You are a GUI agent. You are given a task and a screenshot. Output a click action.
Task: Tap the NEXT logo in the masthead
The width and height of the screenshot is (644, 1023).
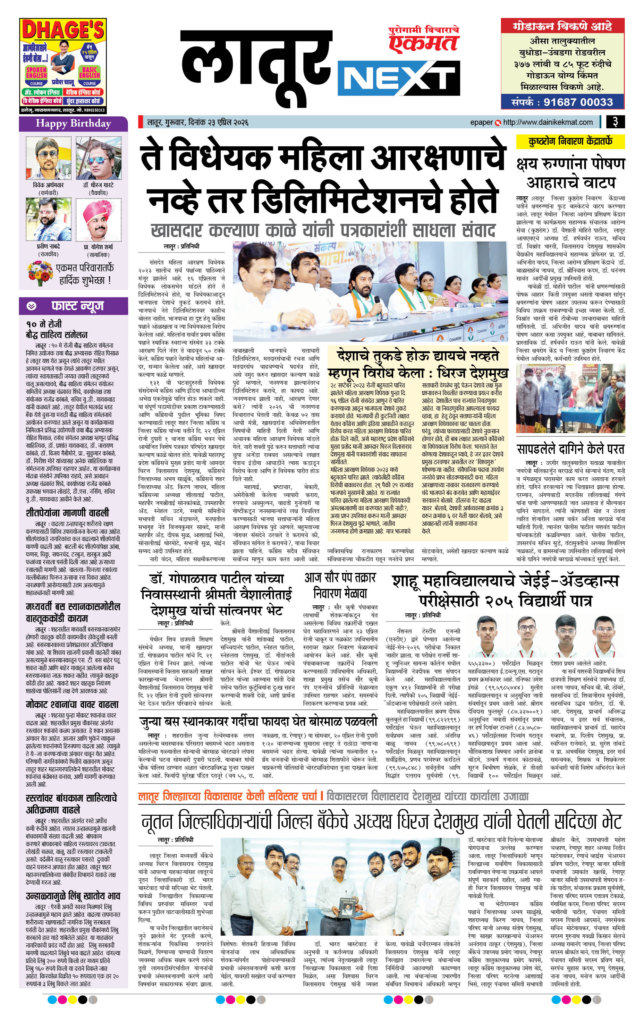398,79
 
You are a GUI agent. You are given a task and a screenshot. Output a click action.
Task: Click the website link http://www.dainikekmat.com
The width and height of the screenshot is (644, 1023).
548,122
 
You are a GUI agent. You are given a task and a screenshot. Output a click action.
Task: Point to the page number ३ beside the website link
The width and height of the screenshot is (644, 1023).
615,122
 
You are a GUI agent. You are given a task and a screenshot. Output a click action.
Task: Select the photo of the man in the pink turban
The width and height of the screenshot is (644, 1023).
98,220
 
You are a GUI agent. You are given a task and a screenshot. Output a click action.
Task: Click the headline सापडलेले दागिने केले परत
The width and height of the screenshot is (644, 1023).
571,449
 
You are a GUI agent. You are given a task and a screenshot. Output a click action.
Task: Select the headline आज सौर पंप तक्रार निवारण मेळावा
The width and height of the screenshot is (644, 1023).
340,585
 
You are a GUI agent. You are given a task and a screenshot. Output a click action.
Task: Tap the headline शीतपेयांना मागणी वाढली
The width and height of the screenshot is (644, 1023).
67,512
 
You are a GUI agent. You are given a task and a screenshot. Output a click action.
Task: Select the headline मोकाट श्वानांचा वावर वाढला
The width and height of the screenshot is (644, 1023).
72,705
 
